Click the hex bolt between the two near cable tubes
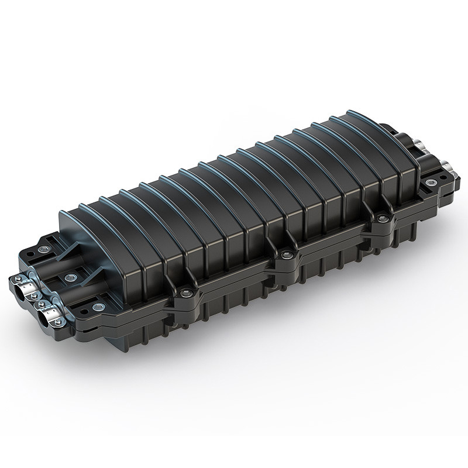(x=71, y=277)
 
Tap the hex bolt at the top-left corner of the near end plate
(x=44, y=249)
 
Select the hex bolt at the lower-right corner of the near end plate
(x=99, y=307)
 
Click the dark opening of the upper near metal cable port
(x=19, y=293)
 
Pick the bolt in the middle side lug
(x=285, y=253)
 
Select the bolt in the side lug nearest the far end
(x=382, y=219)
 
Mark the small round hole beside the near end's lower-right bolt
(x=84, y=311)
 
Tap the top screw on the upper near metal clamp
(x=18, y=278)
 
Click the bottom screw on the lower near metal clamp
(x=58, y=322)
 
